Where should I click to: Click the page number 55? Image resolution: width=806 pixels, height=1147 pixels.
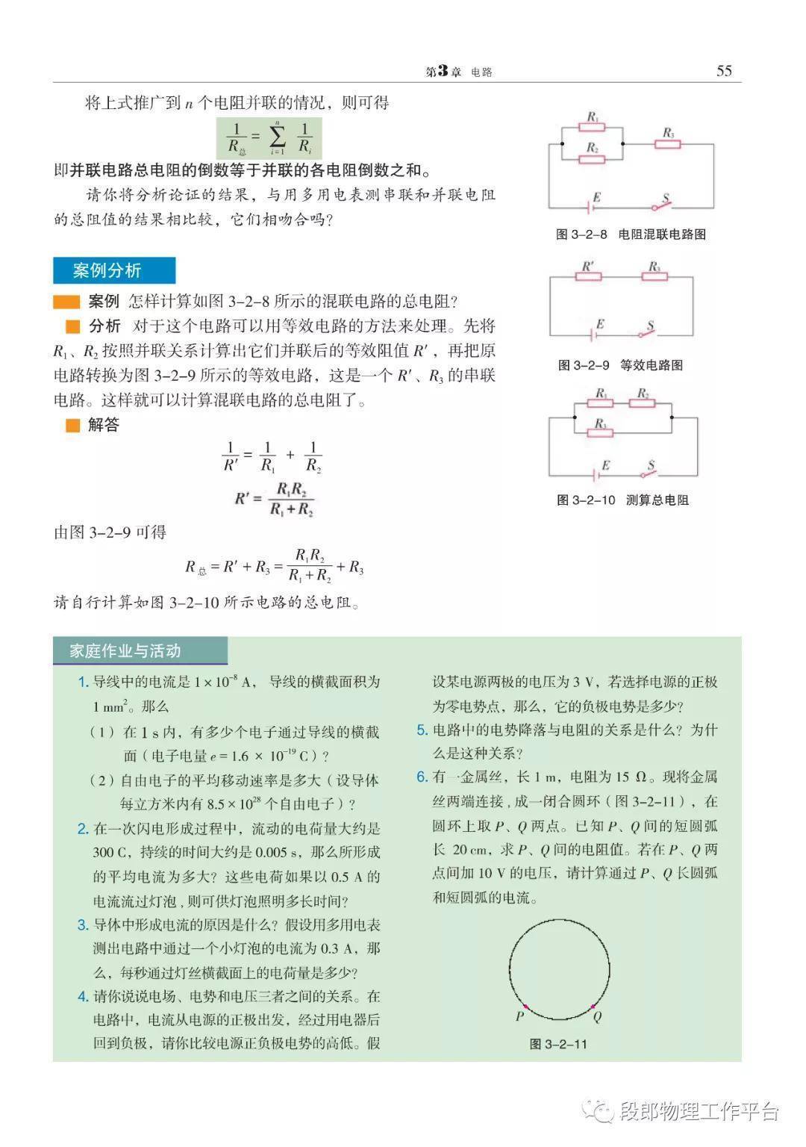[724, 71]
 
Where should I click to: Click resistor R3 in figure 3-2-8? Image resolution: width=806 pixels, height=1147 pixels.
[667, 143]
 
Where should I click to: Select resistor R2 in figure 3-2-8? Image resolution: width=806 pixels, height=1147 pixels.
[593, 158]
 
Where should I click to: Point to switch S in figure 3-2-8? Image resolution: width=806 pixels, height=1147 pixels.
[662, 205]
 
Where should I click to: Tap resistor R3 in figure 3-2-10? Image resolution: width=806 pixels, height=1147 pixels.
[601, 432]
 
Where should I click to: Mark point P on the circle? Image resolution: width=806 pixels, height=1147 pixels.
[525, 1006]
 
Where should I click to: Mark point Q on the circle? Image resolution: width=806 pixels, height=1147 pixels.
[593, 1007]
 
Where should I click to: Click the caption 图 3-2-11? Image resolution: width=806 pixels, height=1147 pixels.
[558, 1044]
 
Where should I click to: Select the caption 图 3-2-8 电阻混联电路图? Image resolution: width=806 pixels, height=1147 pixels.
[631, 234]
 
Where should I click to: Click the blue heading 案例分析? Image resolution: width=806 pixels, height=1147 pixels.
[113, 270]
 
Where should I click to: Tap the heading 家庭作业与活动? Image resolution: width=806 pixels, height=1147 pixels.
[125, 651]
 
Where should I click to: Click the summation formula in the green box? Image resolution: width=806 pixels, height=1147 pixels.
[269, 138]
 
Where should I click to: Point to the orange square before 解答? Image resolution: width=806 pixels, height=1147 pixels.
[72, 426]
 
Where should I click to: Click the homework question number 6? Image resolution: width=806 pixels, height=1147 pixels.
[422, 777]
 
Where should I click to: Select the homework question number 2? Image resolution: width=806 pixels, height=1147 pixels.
[83, 828]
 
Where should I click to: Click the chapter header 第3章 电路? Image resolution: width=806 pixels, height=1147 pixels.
[458, 72]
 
